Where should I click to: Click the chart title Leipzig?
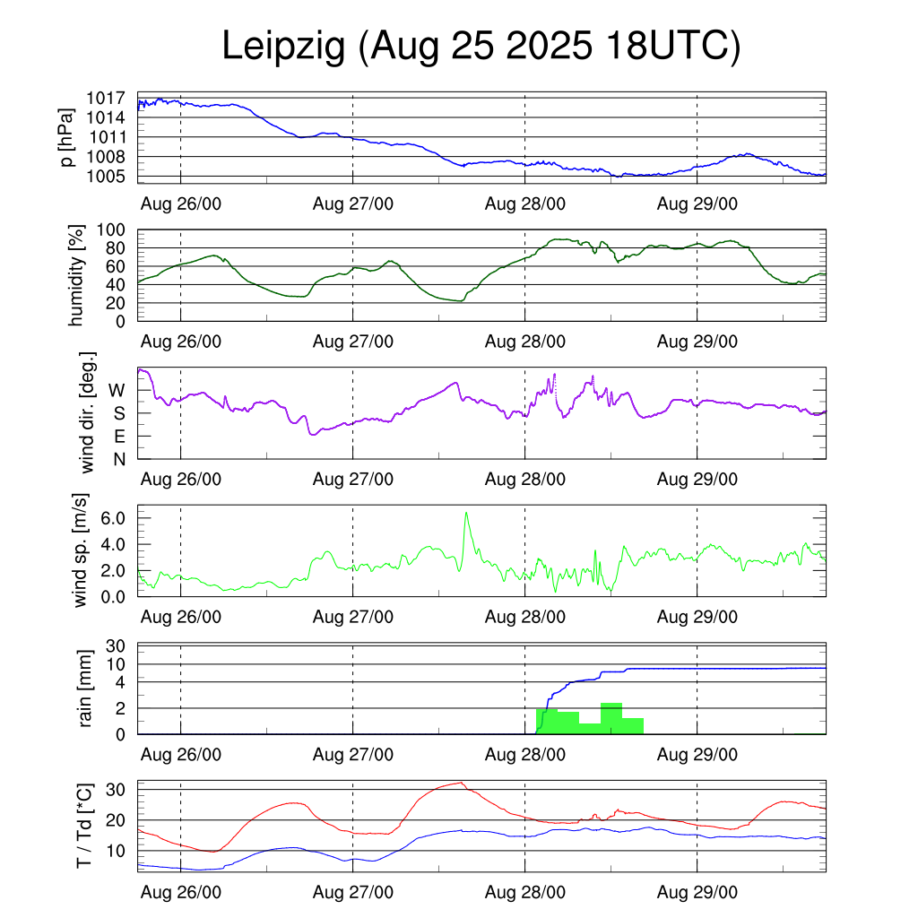coord(283,47)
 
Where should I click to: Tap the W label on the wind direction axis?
coord(117,390)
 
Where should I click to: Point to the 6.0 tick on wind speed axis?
coord(118,518)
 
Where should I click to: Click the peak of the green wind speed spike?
coord(466,513)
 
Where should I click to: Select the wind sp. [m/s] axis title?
coord(82,551)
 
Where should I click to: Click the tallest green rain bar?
coord(611,718)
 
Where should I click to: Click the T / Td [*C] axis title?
coord(83,825)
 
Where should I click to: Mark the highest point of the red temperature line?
coord(461,783)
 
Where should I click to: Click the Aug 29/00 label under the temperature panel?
coord(697,893)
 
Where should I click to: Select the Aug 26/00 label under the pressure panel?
coord(180,204)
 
